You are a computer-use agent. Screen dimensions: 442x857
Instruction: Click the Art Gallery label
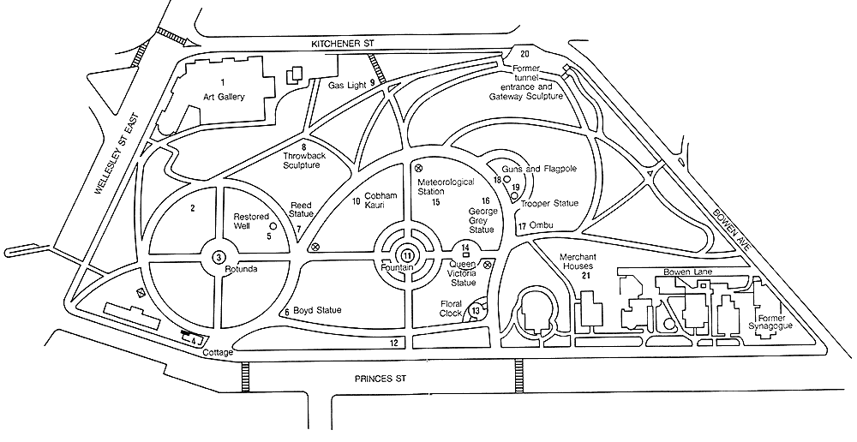click(x=224, y=97)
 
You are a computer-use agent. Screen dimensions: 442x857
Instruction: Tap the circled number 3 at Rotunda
click(x=219, y=257)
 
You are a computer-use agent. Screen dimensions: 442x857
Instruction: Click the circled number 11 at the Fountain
click(x=408, y=254)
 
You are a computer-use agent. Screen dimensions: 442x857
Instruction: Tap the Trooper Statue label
click(x=549, y=203)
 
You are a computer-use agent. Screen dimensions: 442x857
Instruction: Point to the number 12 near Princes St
click(x=394, y=343)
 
